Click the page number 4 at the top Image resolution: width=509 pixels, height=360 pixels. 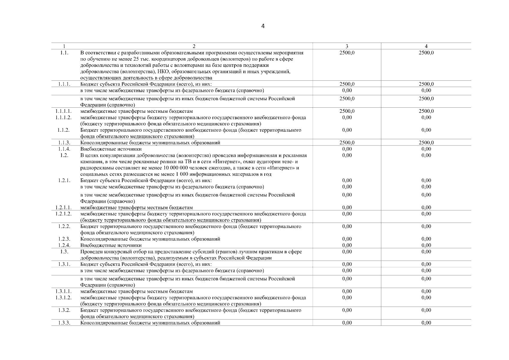coord(263,26)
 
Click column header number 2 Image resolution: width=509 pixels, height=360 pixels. coord(194,46)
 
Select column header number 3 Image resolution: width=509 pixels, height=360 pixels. coord(347,46)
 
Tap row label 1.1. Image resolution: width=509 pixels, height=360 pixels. coord(64,53)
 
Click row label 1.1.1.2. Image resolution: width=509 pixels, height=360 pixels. coord(64,117)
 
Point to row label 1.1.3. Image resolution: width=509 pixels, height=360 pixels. coord(64,143)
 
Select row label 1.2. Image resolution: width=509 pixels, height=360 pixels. coord(64,155)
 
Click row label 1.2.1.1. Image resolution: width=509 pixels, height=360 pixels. coord(64,208)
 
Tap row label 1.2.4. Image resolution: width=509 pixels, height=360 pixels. coord(64,245)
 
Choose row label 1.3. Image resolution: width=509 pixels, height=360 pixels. coord(64,252)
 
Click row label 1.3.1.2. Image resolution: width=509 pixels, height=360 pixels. coord(64,298)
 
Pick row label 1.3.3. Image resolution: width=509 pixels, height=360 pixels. coord(64,323)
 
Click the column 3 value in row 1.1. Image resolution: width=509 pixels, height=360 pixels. coord(347,53)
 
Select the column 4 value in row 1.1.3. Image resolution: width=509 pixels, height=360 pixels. coord(426,143)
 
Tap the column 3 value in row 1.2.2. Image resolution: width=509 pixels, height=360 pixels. coord(347,226)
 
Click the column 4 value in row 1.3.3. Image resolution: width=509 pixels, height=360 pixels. coord(426,323)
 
